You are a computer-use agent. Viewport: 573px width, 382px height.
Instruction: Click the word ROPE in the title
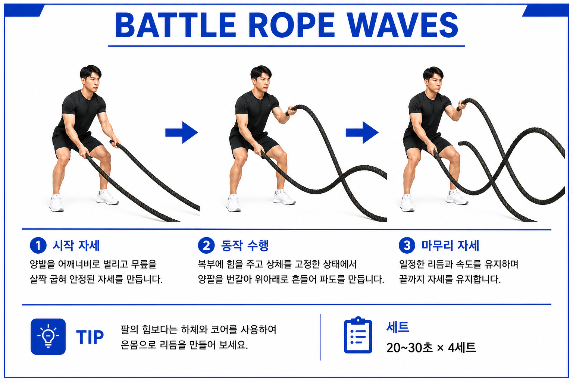291,25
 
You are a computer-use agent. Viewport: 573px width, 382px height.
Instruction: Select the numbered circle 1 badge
38,245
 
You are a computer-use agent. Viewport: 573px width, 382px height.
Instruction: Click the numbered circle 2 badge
206,245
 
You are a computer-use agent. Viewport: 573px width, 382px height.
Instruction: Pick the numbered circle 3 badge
407,245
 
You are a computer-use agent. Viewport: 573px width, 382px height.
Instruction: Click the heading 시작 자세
76,245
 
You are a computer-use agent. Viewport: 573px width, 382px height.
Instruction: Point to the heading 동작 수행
245,245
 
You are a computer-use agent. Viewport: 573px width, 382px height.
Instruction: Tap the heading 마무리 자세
450,245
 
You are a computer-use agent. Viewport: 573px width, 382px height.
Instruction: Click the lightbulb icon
48,336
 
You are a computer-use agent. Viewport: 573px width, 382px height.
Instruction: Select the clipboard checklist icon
358,335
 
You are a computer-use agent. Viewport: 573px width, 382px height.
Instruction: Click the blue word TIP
90,337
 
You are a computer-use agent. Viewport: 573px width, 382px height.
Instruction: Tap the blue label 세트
398,327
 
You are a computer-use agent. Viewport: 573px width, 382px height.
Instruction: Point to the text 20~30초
410,347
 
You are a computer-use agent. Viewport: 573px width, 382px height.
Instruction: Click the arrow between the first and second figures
182,132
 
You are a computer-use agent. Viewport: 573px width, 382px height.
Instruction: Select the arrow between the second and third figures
362,132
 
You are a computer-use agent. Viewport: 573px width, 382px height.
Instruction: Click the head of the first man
91,78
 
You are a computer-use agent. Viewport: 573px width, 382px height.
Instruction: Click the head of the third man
433,79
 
